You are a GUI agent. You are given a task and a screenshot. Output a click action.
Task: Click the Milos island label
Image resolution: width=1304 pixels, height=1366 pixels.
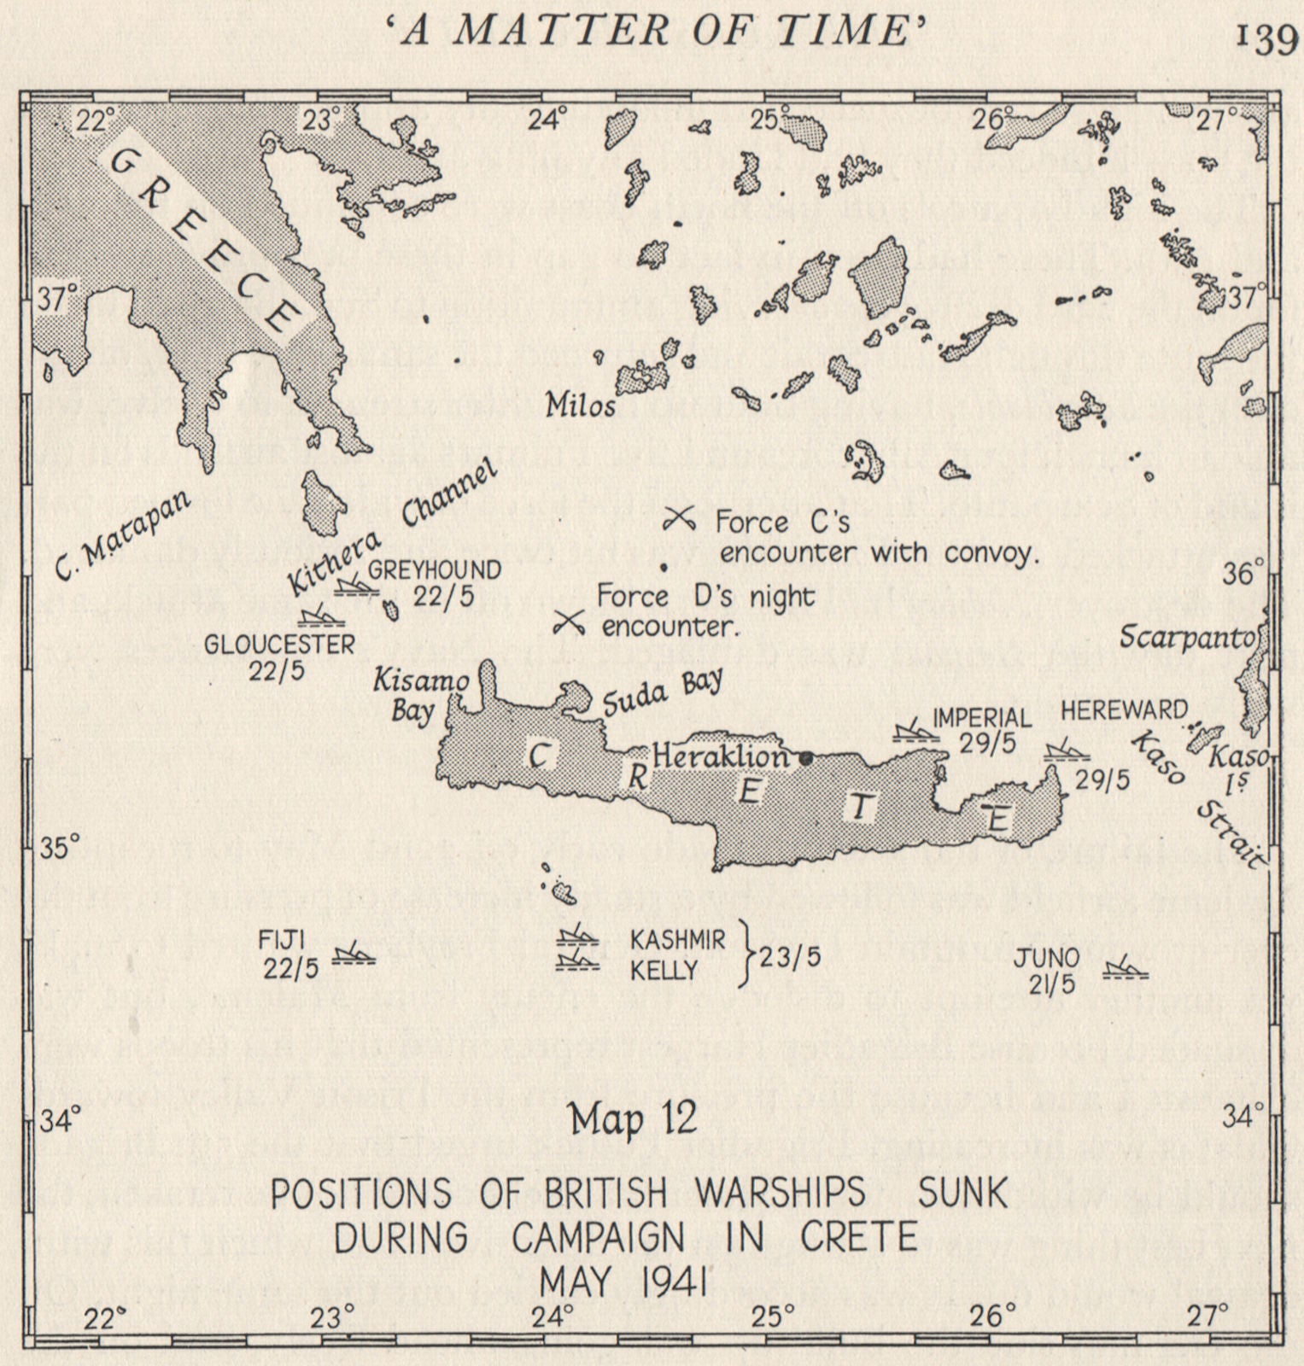(581, 406)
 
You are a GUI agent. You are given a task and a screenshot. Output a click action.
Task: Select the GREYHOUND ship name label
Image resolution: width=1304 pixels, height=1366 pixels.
(434, 570)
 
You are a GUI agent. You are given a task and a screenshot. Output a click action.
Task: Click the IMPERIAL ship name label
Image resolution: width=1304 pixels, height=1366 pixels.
(982, 717)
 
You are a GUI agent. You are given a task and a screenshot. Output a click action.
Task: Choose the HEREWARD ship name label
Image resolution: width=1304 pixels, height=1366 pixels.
(1124, 710)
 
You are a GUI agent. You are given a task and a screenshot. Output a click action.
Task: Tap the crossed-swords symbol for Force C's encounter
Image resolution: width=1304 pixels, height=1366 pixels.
(681, 517)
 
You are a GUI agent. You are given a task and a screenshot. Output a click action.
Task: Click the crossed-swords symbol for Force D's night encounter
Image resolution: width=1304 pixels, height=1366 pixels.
(569, 622)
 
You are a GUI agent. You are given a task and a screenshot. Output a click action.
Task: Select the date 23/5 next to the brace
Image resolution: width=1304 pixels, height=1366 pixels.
(790, 957)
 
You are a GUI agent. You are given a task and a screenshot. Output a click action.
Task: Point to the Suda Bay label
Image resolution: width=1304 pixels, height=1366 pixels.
(663, 692)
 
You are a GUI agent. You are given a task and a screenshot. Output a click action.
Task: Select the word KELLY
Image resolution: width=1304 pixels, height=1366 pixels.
(664, 971)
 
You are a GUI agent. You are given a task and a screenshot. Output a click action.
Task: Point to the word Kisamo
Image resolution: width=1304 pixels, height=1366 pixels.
(421, 680)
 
